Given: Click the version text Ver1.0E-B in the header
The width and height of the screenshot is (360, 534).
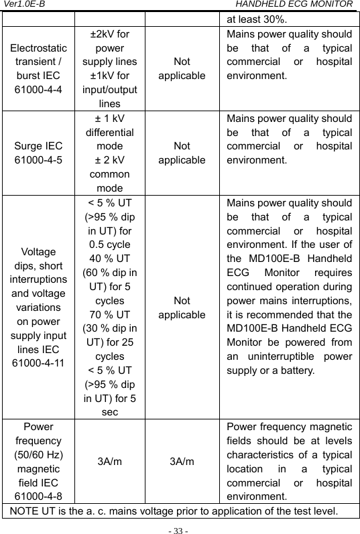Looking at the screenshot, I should (x=23, y=5).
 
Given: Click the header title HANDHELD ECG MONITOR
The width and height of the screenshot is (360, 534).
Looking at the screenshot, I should (x=299, y=5).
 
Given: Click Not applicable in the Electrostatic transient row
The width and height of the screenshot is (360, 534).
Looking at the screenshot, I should (x=182, y=68).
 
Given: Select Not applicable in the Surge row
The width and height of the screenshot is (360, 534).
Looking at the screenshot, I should (x=182, y=153).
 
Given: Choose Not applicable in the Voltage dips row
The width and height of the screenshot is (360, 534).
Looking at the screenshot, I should (x=182, y=308).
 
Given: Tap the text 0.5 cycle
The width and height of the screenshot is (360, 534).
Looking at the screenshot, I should (x=110, y=244).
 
